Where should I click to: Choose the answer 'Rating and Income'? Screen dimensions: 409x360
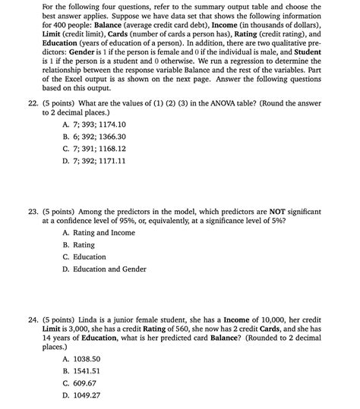(99, 232)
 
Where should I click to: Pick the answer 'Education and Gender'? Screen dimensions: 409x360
(104, 269)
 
